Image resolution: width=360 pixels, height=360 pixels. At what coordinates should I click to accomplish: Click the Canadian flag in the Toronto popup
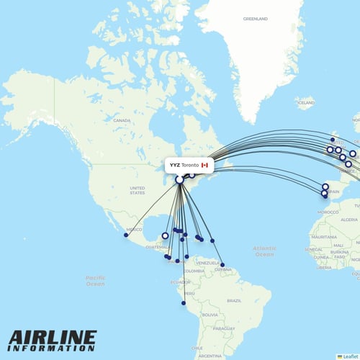pos(204,165)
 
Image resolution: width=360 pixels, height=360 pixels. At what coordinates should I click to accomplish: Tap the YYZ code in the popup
pos(175,165)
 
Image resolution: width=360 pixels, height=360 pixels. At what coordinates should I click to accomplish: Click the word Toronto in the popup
pos(190,165)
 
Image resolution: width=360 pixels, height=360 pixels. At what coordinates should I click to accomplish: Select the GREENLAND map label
pos(255,18)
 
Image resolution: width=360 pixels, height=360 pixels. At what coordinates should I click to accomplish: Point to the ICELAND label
pos(305,103)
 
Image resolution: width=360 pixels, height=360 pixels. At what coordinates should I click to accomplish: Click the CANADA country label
pos(121,120)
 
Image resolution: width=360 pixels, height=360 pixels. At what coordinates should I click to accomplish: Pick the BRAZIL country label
pos(234,300)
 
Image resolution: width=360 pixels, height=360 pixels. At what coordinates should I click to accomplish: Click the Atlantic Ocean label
pos(264,251)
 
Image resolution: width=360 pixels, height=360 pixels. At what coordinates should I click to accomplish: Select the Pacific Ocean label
pos(95,280)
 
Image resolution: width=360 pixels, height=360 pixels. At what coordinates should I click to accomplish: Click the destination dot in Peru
pos(184,303)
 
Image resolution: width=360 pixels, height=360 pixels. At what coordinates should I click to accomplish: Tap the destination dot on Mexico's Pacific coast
pos(126,235)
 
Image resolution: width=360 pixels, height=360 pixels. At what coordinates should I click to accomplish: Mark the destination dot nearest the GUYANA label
pos(222,266)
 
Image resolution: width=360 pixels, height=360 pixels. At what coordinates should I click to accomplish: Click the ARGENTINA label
pos(210,356)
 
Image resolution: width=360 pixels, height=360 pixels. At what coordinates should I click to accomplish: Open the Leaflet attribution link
pos(349,356)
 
